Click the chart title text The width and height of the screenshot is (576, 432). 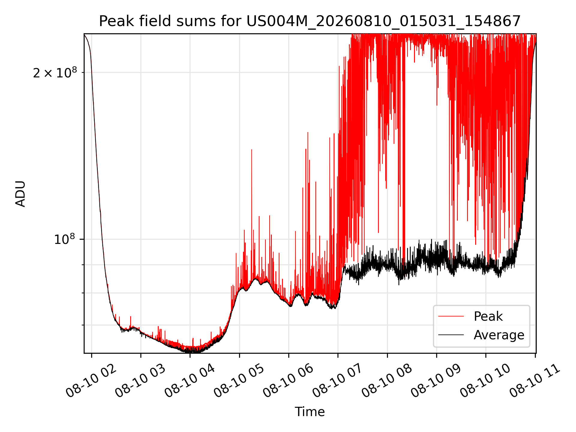[x=310, y=21]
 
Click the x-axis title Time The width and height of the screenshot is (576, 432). [x=310, y=412]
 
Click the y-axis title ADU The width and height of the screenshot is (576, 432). [x=20, y=193]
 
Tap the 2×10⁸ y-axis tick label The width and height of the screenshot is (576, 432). [x=55, y=72]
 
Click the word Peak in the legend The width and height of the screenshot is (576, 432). [x=488, y=316]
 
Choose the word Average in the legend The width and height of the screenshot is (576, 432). [x=499, y=335]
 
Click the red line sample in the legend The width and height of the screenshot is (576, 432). [x=451, y=316]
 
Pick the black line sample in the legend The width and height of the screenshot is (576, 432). [x=451, y=335]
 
